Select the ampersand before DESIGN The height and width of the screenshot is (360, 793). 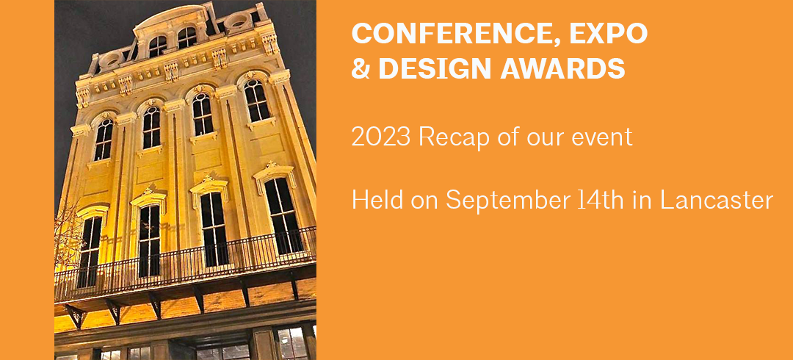361,68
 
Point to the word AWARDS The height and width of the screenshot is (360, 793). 563,68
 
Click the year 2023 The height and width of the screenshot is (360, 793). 381,137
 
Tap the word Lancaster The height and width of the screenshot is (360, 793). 717,201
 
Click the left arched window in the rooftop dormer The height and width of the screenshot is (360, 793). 157,46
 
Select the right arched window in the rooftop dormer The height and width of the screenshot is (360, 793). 187,38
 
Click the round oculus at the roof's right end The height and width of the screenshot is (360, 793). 236,21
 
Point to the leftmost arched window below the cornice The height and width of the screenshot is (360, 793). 104,140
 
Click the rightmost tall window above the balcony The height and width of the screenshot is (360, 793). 283,216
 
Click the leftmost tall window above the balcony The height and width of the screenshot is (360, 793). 90,252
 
